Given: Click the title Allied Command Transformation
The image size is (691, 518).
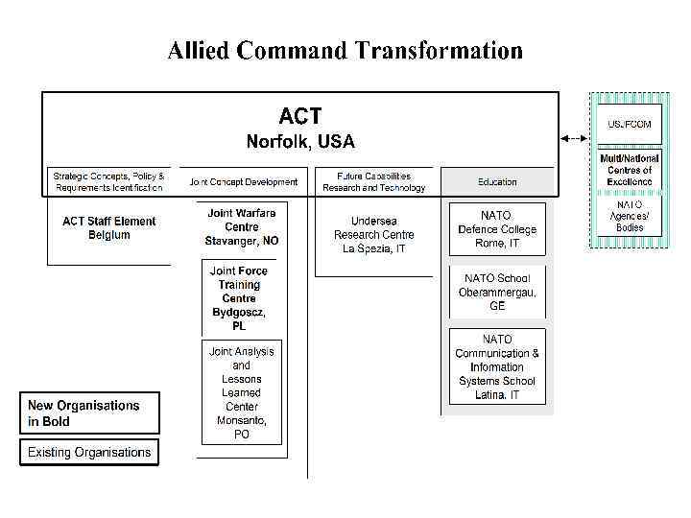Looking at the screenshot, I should point(345,50).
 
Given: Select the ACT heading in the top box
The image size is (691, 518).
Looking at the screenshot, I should point(300,116).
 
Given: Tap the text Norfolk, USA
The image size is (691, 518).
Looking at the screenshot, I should point(300,142).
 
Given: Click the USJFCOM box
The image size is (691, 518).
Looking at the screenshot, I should point(629,124).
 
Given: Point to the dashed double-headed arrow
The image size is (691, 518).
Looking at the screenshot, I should point(573,138).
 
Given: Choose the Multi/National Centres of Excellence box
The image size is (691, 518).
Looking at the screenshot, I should point(629,170).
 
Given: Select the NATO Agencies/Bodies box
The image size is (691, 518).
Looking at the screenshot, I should point(629,216).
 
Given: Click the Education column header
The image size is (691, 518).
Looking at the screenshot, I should point(497,181).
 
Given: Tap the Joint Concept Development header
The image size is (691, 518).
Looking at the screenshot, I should point(244,181).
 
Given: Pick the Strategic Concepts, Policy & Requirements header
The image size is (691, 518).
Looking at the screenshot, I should point(108,181).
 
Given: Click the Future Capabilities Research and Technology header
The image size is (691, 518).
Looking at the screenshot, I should point(373,181).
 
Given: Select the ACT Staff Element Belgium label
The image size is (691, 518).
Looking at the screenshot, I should point(108,228).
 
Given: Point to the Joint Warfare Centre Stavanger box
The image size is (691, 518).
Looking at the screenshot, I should point(242,227).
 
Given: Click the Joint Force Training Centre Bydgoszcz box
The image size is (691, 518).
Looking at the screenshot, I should point(239,298).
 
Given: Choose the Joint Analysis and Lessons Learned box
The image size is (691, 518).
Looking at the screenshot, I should point(242,392).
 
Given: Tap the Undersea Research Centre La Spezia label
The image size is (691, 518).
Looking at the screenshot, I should point(374,235).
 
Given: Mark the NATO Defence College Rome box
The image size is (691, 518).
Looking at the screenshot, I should point(497,229).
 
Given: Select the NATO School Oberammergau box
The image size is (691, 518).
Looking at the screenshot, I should point(497,292).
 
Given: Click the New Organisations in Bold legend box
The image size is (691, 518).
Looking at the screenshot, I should point(89,413).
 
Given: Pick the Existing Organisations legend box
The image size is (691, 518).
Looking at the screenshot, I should point(89,452).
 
